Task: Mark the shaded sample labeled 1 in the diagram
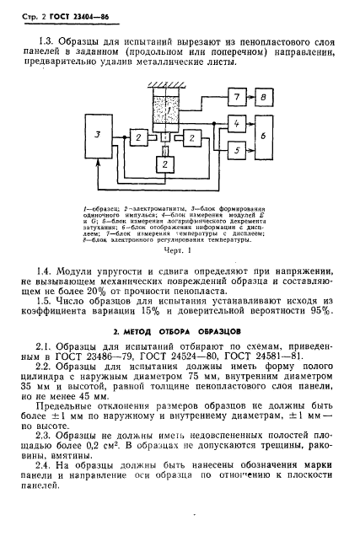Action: [169, 110]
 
